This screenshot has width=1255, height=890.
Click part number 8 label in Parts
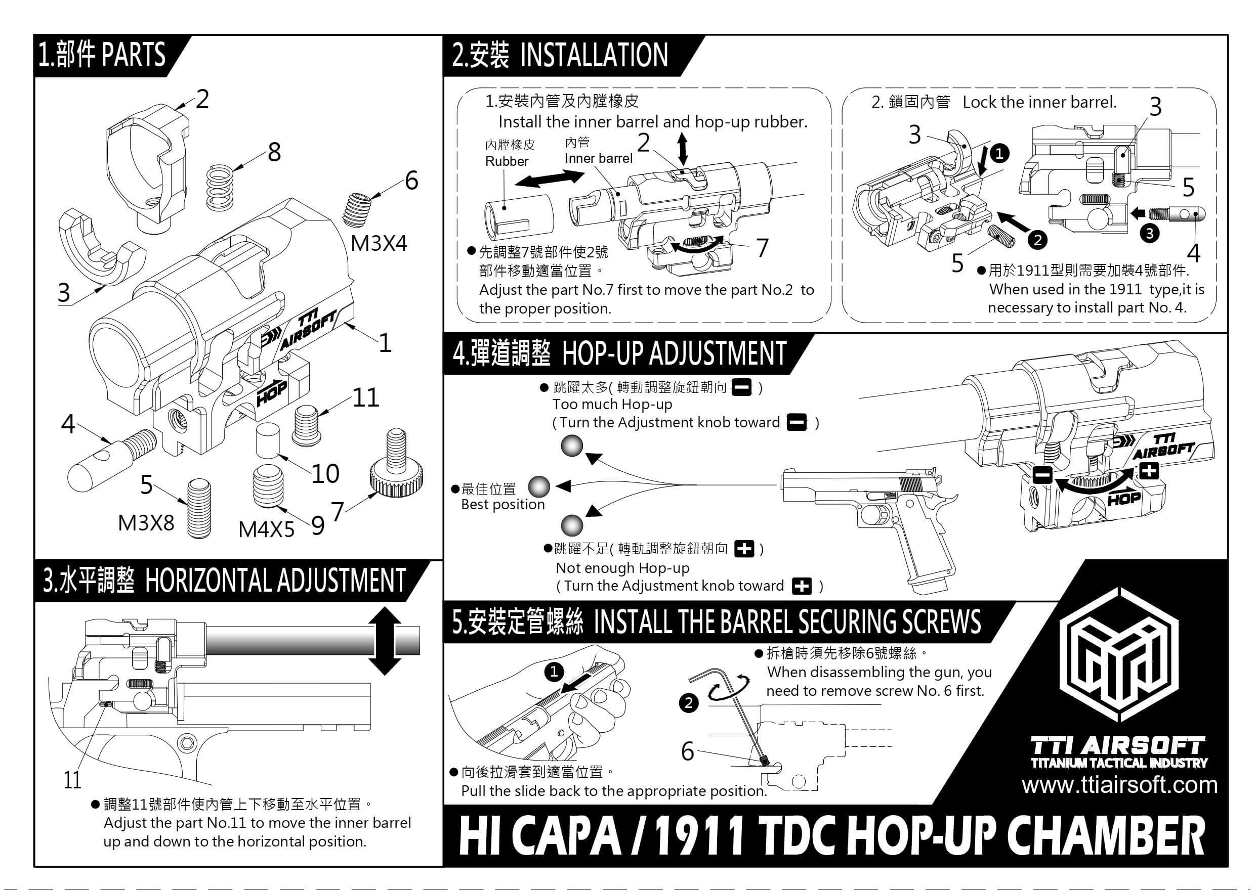(274, 152)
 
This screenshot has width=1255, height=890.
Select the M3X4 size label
(379, 243)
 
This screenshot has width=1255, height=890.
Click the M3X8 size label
(146, 523)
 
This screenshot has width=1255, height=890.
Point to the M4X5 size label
(267, 529)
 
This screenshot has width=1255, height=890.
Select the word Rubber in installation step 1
(507, 162)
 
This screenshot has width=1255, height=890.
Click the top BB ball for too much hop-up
(572, 446)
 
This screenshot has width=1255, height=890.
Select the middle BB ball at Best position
(538, 486)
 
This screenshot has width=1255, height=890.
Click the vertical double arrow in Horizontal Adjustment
(385, 641)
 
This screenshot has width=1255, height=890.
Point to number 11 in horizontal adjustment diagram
(72, 780)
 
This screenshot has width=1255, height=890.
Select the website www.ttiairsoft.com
(1119, 785)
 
